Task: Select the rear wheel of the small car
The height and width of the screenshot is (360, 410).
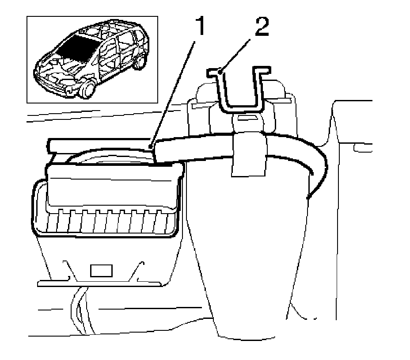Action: tap(140, 61)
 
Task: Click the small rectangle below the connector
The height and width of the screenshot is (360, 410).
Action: tap(101, 271)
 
